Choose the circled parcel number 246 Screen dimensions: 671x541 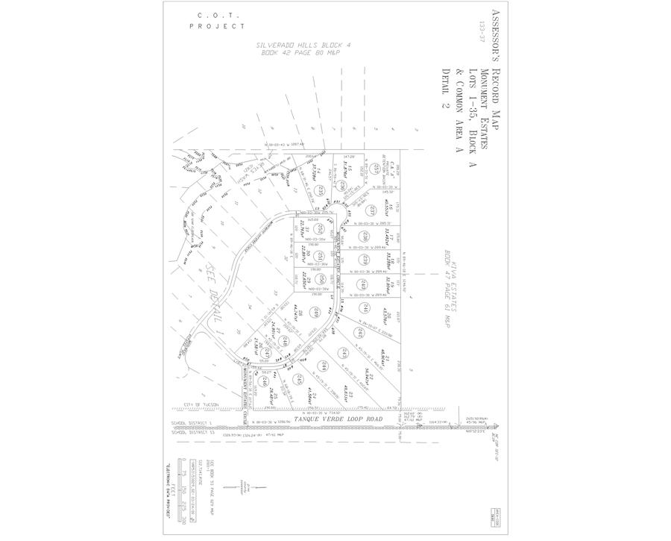pos(265,381)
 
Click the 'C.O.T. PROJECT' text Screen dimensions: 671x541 pos(217,20)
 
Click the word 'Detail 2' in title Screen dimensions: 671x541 pos(447,89)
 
